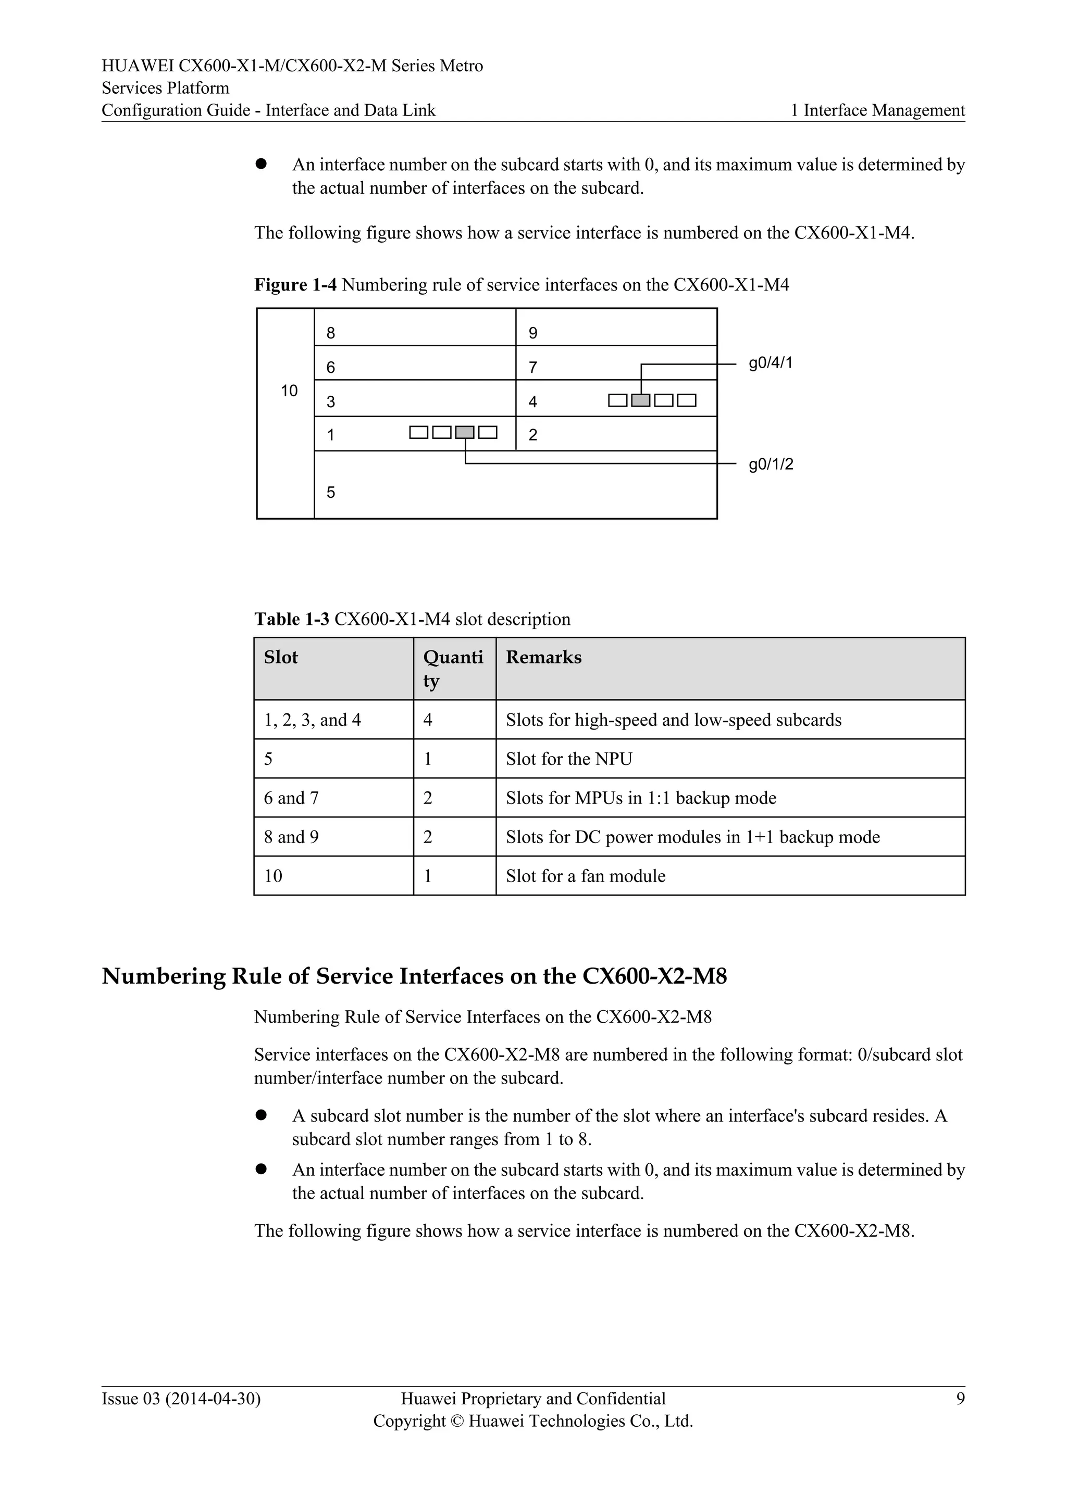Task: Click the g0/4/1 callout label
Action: click(x=770, y=363)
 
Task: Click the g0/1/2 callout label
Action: click(x=771, y=464)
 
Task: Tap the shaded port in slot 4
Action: click(x=641, y=400)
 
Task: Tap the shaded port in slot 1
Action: click(x=465, y=432)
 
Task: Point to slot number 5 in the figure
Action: click(x=330, y=492)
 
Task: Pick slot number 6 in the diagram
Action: click(x=330, y=367)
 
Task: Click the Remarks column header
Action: click(x=543, y=658)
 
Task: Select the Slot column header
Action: click(x=280, y=658)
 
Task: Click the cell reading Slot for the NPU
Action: click(x=568, y=759)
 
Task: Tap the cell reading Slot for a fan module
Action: click(x=585, y=876)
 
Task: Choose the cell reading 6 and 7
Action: click(x=291, y=798)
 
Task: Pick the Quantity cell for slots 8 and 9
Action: click(x=428, y=837)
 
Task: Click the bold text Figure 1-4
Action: click(x=295, y=285)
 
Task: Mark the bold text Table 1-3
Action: click(x=292, y=619)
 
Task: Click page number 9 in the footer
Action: click(x=960, y=1399)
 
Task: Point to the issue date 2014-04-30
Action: click(x=213, y=1399)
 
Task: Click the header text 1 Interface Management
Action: click(x=878, y=110)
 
